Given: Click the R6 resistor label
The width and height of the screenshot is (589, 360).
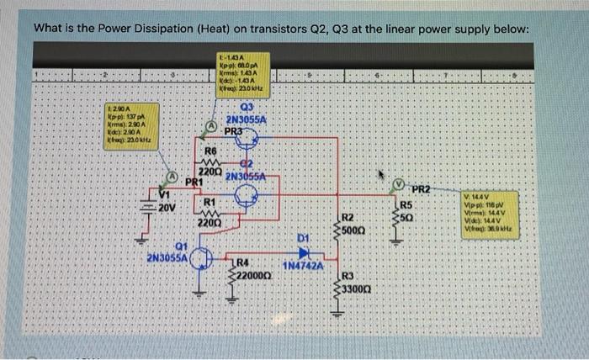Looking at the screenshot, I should pyautogui.click(x=211, y=151).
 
